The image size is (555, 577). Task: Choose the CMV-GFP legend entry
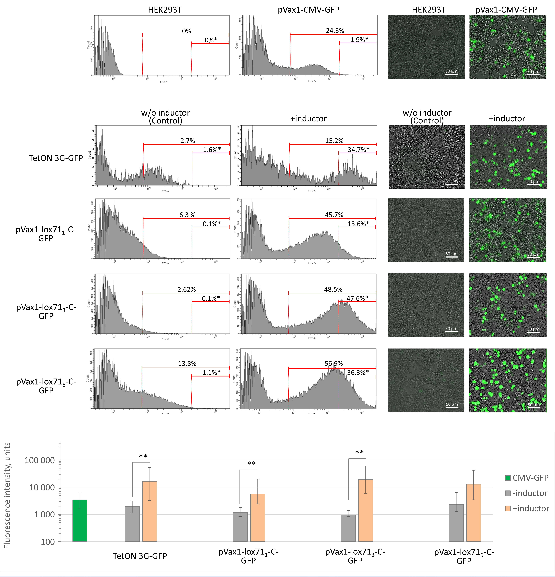tap(527, 478)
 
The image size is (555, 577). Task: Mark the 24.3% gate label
tap(335, 31)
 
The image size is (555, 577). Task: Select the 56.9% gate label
tap(334, 364)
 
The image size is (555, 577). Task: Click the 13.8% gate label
tap(187, 364)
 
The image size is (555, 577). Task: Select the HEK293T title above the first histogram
tap(165, 10)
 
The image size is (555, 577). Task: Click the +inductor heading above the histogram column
tap(308, 119)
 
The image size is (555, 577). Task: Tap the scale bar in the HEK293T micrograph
tap(451, 74)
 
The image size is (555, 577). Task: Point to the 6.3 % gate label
tap(187, 215)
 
